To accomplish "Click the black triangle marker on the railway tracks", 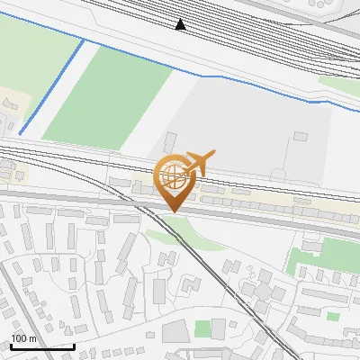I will [181, 24].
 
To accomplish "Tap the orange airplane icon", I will [197, 164].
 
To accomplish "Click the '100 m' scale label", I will [23, 338].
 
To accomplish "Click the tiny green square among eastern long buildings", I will [333, 317].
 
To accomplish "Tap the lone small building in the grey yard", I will [301, 137].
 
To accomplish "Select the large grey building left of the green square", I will [176, 330].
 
